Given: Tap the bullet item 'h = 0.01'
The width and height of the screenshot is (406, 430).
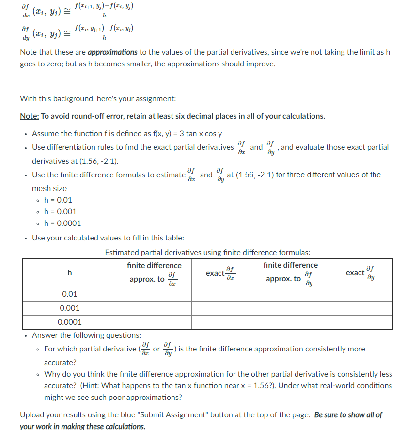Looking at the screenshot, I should coord(58,200).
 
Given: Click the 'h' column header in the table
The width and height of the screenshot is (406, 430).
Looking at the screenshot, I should coord(70,273).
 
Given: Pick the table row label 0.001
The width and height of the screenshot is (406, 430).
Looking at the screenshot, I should coord(70,308).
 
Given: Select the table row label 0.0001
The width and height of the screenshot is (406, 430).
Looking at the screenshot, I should coord(70,322).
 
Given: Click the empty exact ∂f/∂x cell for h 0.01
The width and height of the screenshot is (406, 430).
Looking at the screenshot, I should coord(219,294).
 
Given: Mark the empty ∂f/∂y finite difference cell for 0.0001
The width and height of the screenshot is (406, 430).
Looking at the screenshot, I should coord(290,322).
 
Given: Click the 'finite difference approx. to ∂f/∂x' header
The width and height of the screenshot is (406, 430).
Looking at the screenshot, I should coord(154,273).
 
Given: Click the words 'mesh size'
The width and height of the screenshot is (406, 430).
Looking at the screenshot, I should coord(49,188).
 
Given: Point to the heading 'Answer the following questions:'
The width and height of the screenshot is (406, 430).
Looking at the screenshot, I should coord(86,335).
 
